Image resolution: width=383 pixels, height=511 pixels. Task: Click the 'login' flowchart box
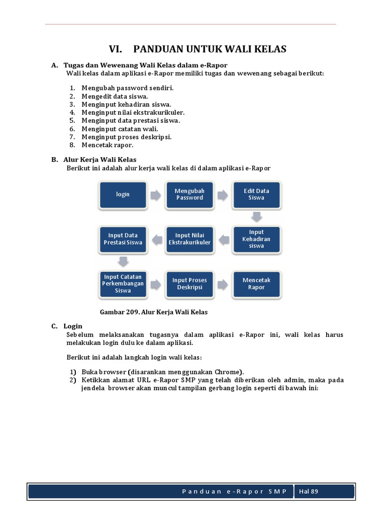(x=123, y=195)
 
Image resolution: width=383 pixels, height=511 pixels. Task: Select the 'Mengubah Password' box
(x=190, y=195)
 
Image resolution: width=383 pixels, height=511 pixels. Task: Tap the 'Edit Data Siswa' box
(x=256, y=195)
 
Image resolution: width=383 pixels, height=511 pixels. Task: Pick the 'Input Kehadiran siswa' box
(x=256, y=239)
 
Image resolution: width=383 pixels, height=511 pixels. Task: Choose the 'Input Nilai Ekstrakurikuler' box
(x=190, y=239)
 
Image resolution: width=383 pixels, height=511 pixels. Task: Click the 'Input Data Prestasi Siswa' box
(x=123, y=239)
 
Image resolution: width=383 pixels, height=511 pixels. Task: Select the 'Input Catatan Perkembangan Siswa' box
(x=123, y=284)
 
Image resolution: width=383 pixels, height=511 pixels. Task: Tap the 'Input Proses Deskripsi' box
(x=190, y=284)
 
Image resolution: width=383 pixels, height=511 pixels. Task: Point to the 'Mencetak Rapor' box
(x=256, y=284)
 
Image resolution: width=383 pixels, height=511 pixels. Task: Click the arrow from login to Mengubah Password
(x=156, y=195)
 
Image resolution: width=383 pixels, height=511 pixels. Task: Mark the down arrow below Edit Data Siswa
(x=256, y=217)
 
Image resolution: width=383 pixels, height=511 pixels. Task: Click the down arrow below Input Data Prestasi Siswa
(x=123, y=261)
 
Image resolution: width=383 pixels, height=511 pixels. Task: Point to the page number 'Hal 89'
(x=308, y=492)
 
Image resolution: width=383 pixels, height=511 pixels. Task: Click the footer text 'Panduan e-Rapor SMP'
(x=234, y=492)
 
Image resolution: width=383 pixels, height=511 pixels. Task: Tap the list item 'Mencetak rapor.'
(x=108, y=145)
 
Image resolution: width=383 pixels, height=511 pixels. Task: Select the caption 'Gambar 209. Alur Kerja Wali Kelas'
(x=154, y=312)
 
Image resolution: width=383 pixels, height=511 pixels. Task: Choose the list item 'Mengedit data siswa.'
(x=115, y=96)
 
